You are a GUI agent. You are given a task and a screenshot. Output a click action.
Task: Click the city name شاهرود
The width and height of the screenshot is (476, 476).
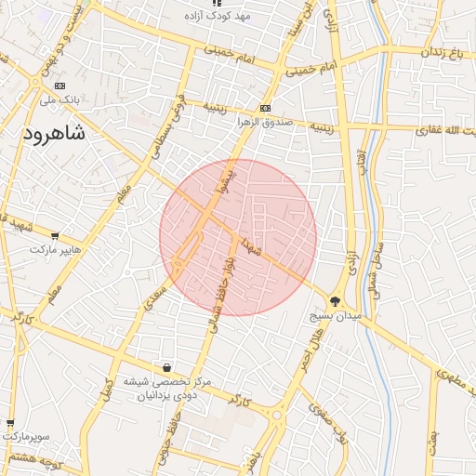tap(53, 133)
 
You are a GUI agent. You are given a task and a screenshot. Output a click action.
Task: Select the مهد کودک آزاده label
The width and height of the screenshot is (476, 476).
tap(217, 17)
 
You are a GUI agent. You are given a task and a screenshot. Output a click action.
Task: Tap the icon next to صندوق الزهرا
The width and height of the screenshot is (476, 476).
tap(266, 109)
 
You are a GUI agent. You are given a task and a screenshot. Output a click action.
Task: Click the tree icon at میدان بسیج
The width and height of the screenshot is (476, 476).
tap(335, 301)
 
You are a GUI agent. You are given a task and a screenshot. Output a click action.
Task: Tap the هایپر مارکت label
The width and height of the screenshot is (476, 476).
tap(56, 250)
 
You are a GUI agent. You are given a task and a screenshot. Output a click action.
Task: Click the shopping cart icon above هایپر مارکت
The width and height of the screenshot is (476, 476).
tap(56, 236)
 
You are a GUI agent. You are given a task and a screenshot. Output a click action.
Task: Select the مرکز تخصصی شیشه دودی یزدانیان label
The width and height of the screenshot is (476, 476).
tap(167, 389)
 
